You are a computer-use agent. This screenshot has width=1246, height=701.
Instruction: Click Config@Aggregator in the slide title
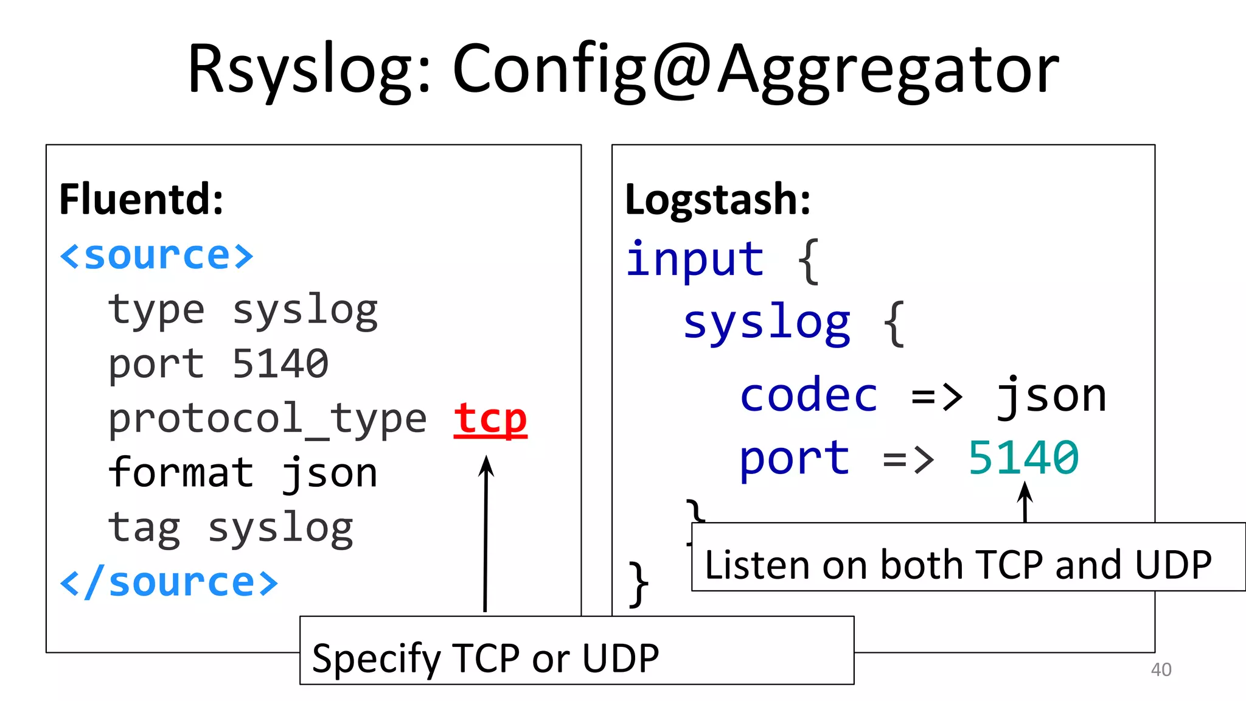tap(756, 70)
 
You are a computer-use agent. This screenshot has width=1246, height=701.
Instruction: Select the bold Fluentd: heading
tap(141, 199)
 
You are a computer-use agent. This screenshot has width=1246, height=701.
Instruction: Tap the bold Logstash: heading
tap(718, 199)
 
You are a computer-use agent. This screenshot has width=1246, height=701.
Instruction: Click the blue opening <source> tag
tap(156, 256)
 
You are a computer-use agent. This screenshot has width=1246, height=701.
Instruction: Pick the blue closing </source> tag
tap(169, 582)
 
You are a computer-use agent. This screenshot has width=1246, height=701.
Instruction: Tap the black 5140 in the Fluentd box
tap(280, 364)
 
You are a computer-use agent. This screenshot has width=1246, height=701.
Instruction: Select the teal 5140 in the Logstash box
tap(1023, 458)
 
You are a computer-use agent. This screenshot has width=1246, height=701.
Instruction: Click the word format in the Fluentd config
tap(181, 473)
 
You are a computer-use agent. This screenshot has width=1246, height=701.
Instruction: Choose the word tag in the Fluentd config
tap(144, 528)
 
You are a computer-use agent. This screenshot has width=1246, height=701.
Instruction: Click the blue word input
tap(695, 259)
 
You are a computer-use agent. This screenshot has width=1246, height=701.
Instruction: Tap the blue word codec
tap(809, 396)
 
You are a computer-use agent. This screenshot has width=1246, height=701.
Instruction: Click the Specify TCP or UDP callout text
tap(485, 658)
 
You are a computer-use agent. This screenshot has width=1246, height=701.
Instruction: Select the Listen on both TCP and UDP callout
tap(958, 564)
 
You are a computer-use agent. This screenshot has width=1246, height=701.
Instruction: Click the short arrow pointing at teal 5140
tap(1025, 501)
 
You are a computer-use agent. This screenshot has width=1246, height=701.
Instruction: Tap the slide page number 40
tap(1161, 670)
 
